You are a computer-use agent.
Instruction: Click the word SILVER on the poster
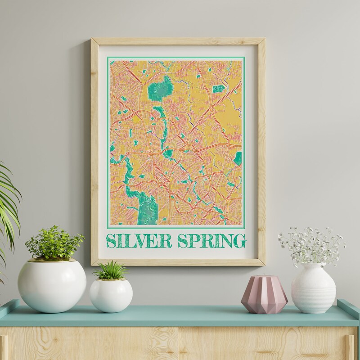pyautogui.click(x=139, y=241)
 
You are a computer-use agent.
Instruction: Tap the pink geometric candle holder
pyautogui.click(x=264, y=295)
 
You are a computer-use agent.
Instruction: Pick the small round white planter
pyautogui.click(x=111, y=295)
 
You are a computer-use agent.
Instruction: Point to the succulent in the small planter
pyautogui.click(x=110, y=270)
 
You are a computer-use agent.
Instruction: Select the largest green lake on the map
pyautogui.click(x=160, y=90)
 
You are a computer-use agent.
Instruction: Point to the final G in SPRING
pyautogui.click(x=241, y=241)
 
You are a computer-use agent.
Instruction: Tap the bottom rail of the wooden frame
pyautogui.click(x=178, y=262)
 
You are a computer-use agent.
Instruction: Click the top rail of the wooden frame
pyautogui.click(x=178, y=41)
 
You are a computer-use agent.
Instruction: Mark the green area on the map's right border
pyautogui.click(x=238, y=158)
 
